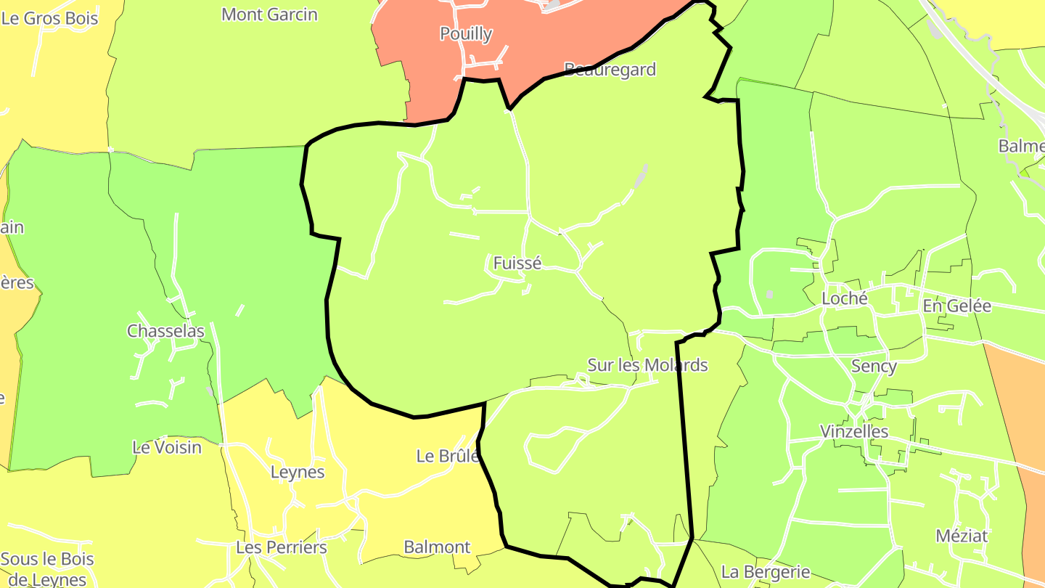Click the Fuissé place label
tap(517, 264)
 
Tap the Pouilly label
tap(466, 34)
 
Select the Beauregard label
tap(610, 70)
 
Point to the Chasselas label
tap(165, 331)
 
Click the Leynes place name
tap(298, 473)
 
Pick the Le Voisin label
tap(167, 447)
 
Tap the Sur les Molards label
tap(647, 365)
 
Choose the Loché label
tap(845, 299)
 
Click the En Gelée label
tap(957, 306)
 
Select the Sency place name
tap(874, 367)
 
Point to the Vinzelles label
tap(854, 431)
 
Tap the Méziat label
tap(962, 536)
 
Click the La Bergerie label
tap(766, 572)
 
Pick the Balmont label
tap(437, 547)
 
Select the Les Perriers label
tap(282, 547)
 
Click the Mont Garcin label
tap(269, 15)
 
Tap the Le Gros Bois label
tap(49, 18)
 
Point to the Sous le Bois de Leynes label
tap(47, 569)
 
